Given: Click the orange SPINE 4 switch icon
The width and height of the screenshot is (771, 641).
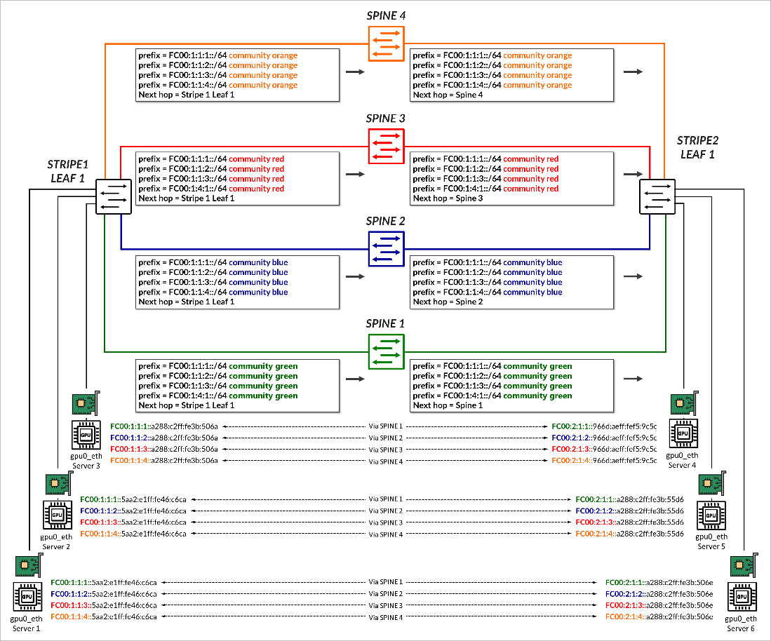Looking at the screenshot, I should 386,43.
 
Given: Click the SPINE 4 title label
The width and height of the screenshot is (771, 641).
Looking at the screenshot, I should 386,15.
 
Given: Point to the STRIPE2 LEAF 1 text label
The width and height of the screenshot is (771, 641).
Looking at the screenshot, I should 696,148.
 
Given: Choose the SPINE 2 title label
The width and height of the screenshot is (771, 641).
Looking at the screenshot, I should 386,221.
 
